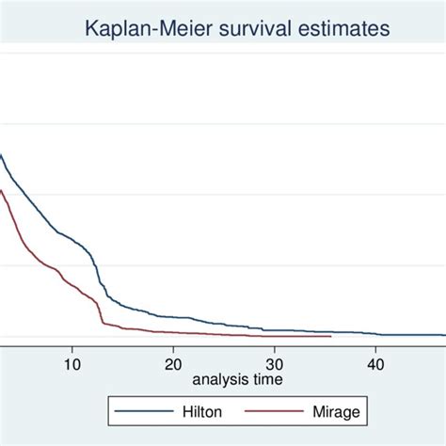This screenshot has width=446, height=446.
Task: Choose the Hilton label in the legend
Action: (196, 411)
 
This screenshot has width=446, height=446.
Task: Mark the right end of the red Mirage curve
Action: (331, 336)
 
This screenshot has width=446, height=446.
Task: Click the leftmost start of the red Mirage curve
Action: (1, 191)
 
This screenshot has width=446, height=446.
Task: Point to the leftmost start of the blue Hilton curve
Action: (1, 156)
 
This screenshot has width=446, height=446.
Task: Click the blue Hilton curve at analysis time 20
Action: (172, 317)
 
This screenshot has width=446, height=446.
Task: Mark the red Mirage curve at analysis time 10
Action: (72, 280)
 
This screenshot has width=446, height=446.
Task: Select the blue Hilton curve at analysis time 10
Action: (72, 237)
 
